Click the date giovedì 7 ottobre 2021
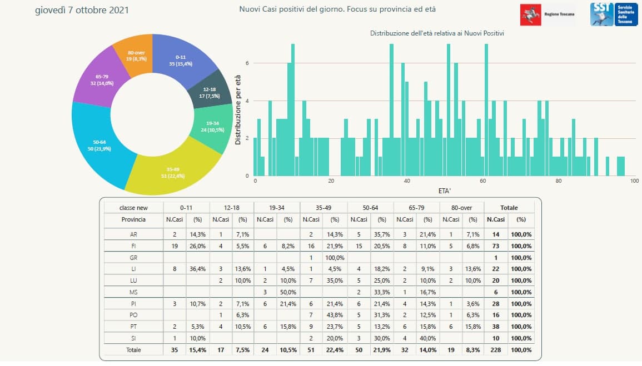coord(82,11)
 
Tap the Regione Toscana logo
coord(548,14)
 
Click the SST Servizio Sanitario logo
coord(610,13)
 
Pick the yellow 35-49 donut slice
coord(172,169)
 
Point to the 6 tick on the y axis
coord(247,63)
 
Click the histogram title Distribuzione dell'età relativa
coord(437,34)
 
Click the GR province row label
coord(133,258)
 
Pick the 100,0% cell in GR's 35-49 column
coord(335,258)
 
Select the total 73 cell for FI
coord(496,246)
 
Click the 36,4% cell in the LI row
coord(197,269)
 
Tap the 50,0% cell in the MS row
coord(288,292)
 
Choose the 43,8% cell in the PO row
coord(335,315)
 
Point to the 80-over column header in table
coord(461,208)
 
